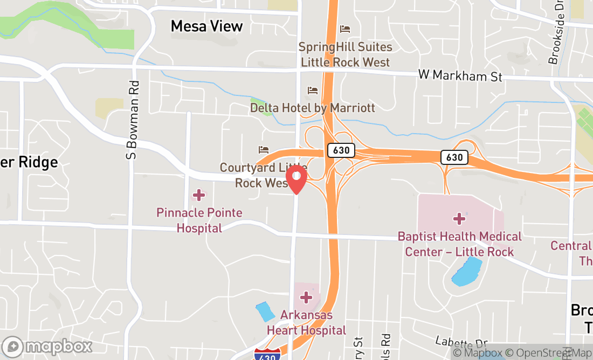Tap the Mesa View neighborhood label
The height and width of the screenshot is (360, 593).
pos(206,26)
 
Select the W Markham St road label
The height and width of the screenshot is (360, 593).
pos(460,76)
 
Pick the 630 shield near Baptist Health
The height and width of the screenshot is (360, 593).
pos(454,157)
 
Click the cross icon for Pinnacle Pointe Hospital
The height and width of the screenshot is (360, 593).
pos(199,195)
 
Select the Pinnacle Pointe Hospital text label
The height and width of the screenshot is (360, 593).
pos(199,220)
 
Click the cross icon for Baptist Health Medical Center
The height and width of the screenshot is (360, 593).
pos(459,218)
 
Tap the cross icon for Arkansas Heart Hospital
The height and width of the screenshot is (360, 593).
pos(306,297)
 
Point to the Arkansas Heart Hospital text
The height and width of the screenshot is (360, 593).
pos(306,322)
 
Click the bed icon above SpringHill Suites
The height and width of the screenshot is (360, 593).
pos(345,29)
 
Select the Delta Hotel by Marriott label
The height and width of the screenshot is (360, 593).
pos(312,108)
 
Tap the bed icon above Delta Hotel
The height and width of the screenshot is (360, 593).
pos(312,90)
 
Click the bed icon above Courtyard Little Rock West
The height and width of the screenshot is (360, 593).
pos(264,149)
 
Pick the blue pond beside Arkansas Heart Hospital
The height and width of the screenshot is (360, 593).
pos(265,312)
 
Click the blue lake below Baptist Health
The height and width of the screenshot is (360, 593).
pos(467,272)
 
